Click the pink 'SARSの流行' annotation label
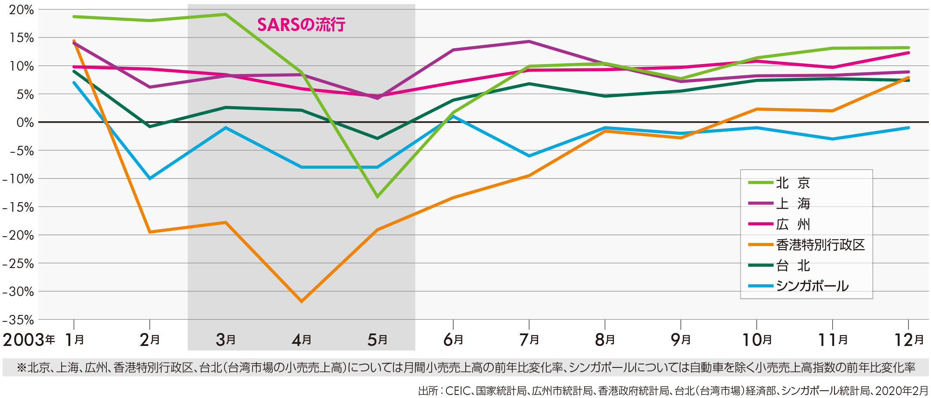point(301,25)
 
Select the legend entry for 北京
point(793,183)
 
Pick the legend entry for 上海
point(793,203)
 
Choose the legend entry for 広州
point(793,224)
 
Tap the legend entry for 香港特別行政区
point(820,245)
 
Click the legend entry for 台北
point(793,265)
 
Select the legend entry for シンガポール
point(812,286)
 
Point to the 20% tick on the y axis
point(21,10)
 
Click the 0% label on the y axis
point(25,123)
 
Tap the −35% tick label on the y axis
point(18,320)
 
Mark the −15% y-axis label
point(18,207)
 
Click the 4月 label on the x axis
point(302,340)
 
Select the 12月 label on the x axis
point(909,340)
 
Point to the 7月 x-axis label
point(529,340)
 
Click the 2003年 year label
point(28,340)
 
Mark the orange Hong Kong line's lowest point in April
point(302,301)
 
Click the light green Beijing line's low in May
point(377,197)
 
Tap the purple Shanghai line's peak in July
point(529,41)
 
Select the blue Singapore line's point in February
point(149,179)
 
